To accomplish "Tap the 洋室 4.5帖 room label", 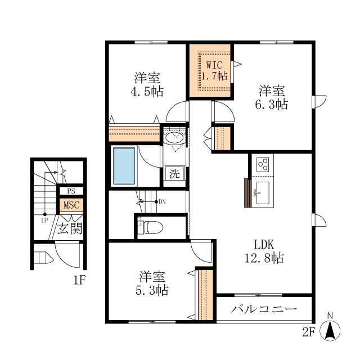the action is tap(147, 84).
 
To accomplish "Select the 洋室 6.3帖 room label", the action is tap(272, 97).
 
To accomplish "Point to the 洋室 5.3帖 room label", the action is tap(152, 283).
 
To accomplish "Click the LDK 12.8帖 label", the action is tap(264, 251).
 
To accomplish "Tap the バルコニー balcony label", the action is tap(264, 309).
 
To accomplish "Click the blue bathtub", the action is tap(124, 166).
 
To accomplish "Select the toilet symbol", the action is tap(150, 227).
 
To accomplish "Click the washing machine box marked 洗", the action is tap(174, 174).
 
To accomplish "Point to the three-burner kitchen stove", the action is tap(263, 164).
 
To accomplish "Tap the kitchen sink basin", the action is tap(263, 193).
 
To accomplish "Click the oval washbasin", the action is tap(174, 138).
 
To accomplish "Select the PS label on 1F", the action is tap(71, 191).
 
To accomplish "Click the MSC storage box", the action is tap(71, 205).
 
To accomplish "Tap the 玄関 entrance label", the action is tap(70, 228).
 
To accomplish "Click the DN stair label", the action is tap(162, 202).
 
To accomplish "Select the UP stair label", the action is tap(44, 220).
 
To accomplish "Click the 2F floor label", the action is tap(308, 332).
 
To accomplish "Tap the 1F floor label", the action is tap(79, 280).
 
